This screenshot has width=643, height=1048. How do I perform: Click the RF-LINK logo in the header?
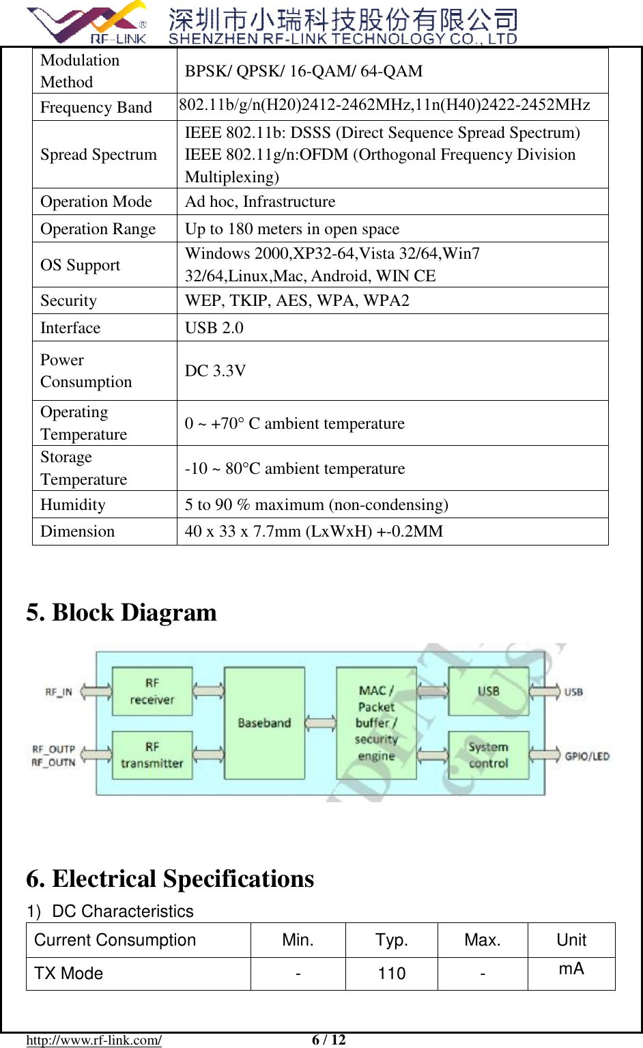87,23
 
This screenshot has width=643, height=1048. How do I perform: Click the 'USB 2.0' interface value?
214,328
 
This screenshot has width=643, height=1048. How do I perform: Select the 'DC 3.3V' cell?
216,371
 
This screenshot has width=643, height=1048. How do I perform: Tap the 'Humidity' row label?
73,505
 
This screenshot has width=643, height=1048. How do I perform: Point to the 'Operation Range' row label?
98,229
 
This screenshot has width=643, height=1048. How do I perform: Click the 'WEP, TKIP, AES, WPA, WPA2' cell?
297,300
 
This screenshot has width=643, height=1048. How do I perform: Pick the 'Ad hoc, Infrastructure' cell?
260,201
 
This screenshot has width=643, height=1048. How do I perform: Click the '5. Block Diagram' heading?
122,612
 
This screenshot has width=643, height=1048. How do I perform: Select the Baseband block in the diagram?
264,723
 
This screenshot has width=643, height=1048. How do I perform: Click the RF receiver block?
152,692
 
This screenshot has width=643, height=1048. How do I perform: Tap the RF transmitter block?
152,755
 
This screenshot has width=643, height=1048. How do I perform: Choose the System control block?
488,755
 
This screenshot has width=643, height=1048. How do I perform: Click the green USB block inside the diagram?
488,692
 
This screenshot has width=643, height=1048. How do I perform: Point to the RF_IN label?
59,692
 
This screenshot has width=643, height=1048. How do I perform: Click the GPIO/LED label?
587,756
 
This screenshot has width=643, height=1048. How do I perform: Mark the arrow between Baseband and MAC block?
320,723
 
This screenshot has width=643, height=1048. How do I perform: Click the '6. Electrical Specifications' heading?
170,879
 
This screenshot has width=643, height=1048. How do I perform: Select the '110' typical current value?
392,974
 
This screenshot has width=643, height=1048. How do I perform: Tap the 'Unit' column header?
571,940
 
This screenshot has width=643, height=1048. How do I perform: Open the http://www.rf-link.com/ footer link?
94,1040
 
